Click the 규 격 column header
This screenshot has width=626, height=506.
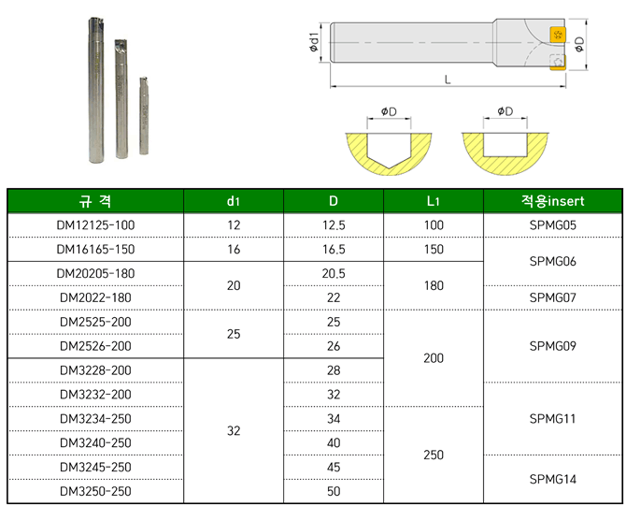(95, 201)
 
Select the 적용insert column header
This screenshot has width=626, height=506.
(552, 201)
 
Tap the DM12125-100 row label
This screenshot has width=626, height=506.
(95, 225)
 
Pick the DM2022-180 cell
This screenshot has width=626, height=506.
(95, 297)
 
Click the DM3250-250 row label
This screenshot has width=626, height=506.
(95, 491)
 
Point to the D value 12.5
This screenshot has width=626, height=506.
(334, 225)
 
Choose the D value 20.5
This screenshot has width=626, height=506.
(334, 274)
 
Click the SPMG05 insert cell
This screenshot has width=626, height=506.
(552, 225)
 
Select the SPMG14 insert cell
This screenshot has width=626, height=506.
(552, 479)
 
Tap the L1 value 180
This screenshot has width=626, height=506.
(434, 286)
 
